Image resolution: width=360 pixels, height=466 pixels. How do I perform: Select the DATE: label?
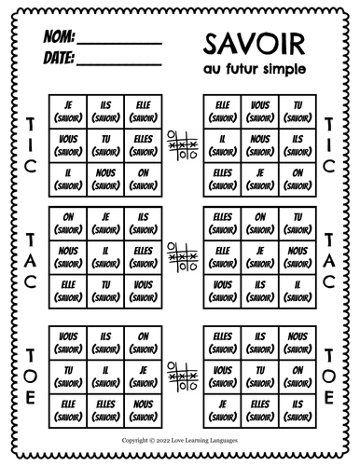57,59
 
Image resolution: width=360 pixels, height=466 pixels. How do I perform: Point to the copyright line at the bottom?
179,437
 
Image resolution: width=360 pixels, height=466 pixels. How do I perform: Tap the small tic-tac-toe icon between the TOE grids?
179,376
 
